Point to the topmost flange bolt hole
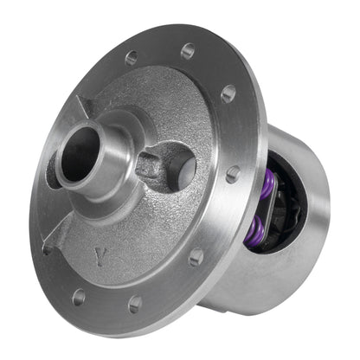[x=188, y=50]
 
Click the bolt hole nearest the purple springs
[x=233, y=174]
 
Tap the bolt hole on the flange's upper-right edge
[x=228, y=93]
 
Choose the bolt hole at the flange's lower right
[x=196, y=257]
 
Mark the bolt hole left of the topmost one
[x=132, y=58]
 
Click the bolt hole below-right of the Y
[x=135, y=304]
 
